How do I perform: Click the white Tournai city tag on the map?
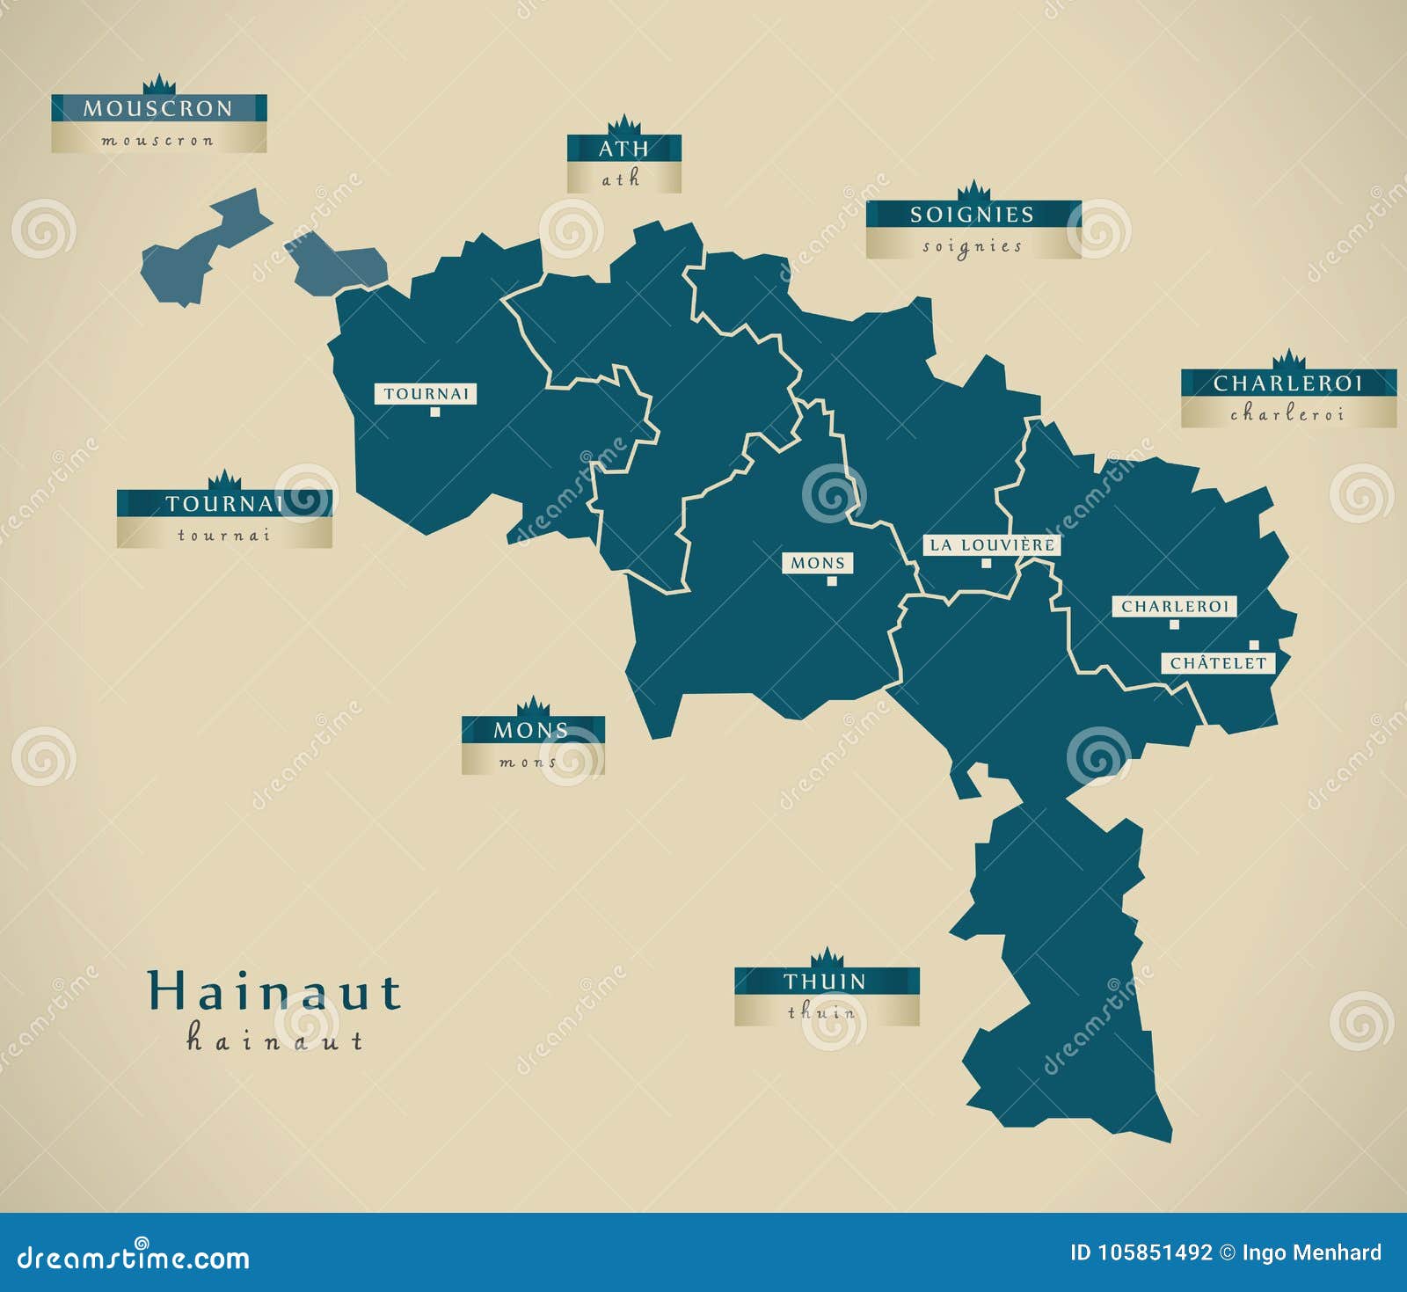pyautogui.click(x=426, y=393)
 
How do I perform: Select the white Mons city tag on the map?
pyautogui.click(x=818, y=563)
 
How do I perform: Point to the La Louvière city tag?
pyautogui.click(x=992, y=545)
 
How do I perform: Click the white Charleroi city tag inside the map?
pyautogui.click(x=1174, y=606)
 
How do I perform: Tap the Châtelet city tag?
pyautogui.click(x=1218, y=663)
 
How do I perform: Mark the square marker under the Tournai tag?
pyautogui.click(x=434, y=411)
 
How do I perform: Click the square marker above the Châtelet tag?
pyautogui.click(x=1254, y=645)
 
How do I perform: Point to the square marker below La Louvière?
pyautogui.click(x=987, y=563)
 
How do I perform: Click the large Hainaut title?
pyautogui.click(x=274, y=991)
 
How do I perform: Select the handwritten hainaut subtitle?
pyautogui.click(x=274, y=1040)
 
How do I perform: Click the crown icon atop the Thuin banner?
pyautogui.click(x=827, y=958)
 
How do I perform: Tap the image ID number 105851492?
pyautogui.click(x=1154, y=1252)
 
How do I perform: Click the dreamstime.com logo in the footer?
pyautogui.click(x=134, y=1258)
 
